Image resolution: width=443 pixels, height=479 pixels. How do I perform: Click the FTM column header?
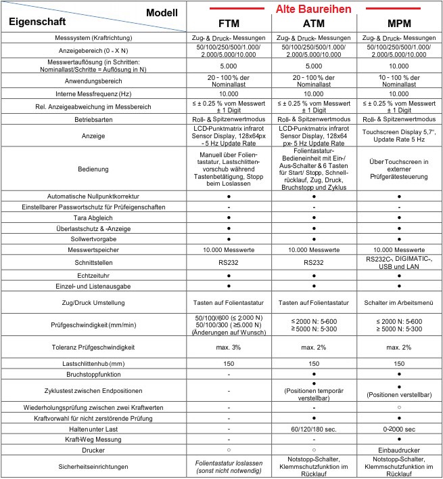click(231, 22)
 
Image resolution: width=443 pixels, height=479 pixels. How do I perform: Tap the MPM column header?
click(399, 22)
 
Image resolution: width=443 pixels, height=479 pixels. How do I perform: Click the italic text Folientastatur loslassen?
click(231, 463)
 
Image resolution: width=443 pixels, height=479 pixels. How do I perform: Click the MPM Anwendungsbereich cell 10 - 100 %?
click(399, 81)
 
